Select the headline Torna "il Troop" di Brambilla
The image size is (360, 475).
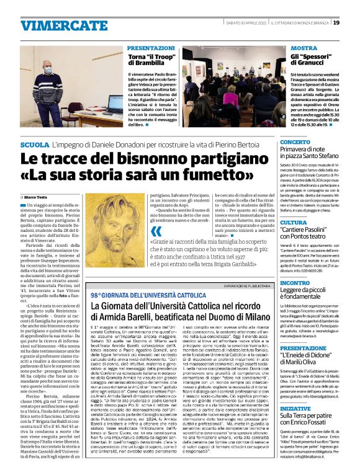coord(153,60)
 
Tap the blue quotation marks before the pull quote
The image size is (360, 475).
coord(156,231)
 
